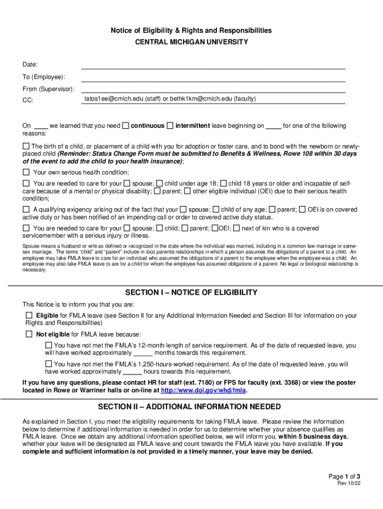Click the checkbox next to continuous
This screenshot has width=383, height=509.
[126, 126]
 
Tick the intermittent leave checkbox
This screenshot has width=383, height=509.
[170, 126]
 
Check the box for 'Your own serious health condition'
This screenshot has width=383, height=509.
[26, 172]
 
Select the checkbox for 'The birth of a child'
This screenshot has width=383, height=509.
[26, 147]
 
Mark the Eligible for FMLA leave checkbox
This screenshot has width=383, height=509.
[29, 315]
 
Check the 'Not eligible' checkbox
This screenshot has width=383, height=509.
[29, 334]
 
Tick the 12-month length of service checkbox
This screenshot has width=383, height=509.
[48, 345]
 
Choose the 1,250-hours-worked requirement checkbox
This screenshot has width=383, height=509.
[48, 364]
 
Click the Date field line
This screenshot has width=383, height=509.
[213, 65]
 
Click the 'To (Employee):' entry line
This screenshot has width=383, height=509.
[213, 78]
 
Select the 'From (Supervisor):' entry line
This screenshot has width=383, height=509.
[213, 89]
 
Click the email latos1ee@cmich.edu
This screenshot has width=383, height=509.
[113, 99]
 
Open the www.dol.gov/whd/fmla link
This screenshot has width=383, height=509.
[203, 390]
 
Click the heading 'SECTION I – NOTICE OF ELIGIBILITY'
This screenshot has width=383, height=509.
[191, 292]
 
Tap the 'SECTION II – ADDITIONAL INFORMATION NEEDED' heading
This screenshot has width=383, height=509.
[191, 407]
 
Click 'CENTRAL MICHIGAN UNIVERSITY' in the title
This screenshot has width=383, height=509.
[191, 42]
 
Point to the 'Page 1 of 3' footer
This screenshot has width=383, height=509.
[344, 476]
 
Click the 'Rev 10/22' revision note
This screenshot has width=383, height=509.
[349, 484]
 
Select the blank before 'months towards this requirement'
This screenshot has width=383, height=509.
[143, 353]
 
